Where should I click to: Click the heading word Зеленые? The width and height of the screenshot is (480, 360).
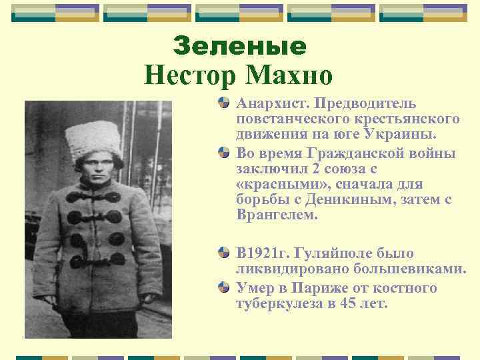[x=239, y=45]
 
